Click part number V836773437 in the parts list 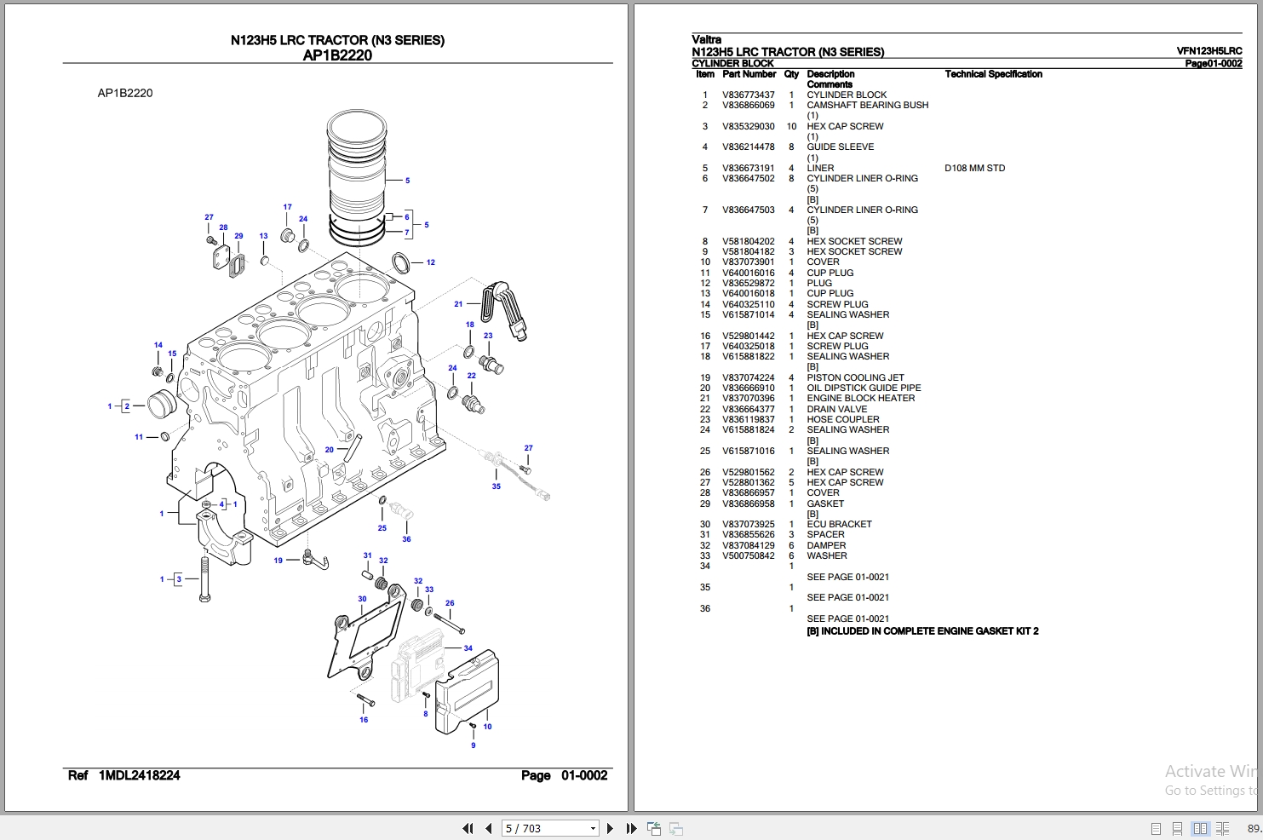click(x=749, y=95)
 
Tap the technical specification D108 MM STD click(x=974, y=168)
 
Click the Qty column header click(x=791, y=74)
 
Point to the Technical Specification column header click(x=993, y=74)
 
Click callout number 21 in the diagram click(x=458, y=303)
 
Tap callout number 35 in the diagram click(x=497, y=486)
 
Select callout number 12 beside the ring click(x=431, y=262)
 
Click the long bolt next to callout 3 click(x=204, y=578)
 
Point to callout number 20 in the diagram click(x=330, y=450)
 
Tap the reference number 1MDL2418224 click(x=139, y=775)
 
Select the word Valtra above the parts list click(x=706, y=39)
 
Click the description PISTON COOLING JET click(x=855, y=377)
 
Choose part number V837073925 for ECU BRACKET click(x=749, y=524)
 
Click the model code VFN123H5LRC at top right click(x=1208, y=51)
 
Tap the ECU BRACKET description click(x=839, y=524)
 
